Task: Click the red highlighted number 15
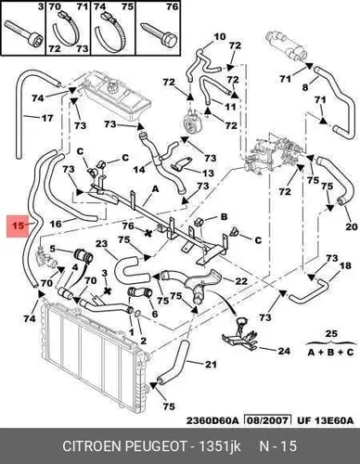point(19,226)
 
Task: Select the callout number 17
point(47,118)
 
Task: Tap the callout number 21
point(211,365)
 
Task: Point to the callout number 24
point(284,351)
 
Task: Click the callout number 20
point(352,226)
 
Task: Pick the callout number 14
point(139,170)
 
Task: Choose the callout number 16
point(56,224)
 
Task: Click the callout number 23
point(102,243)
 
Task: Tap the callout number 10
point(220,37)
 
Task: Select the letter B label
point(224,216)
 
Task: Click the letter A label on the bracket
point(155,188)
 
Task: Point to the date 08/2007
point(268,420)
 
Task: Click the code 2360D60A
point(212,420)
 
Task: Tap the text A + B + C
point(330,352)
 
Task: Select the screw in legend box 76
point(160,34)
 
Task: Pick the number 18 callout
point(345,265)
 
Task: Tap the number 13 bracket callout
point(207,173)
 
